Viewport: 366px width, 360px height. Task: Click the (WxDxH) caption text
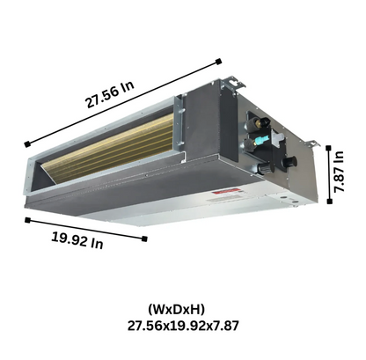182,309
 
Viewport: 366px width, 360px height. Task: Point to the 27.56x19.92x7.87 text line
182,326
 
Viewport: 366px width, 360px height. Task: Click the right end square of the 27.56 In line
218,61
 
